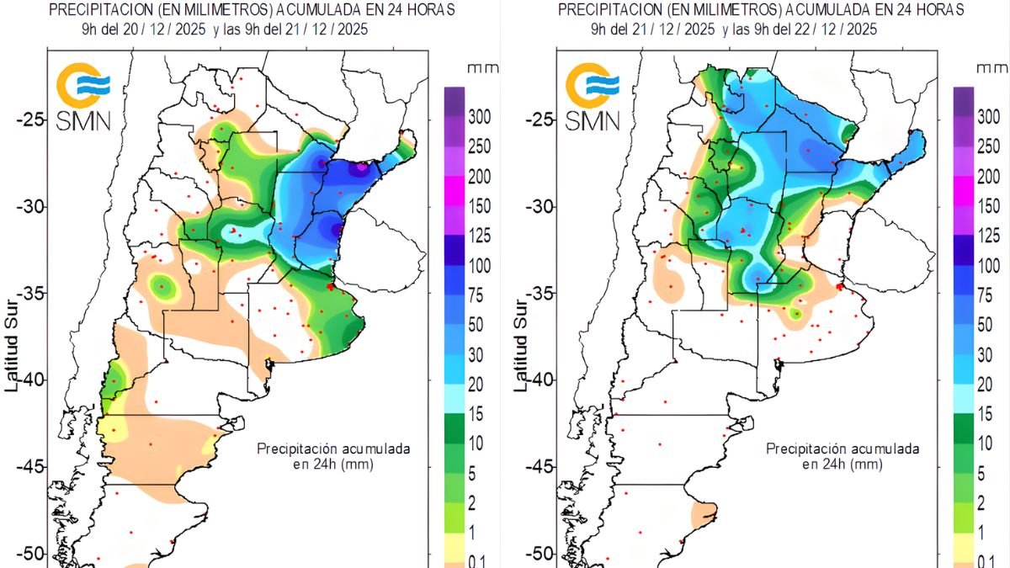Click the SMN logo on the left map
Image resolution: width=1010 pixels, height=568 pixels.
point(83,97)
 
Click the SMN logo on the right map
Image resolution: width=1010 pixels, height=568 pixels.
point(593,97)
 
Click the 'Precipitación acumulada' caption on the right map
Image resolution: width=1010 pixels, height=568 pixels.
point(843,449)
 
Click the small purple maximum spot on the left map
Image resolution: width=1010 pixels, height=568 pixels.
point(361,167)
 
